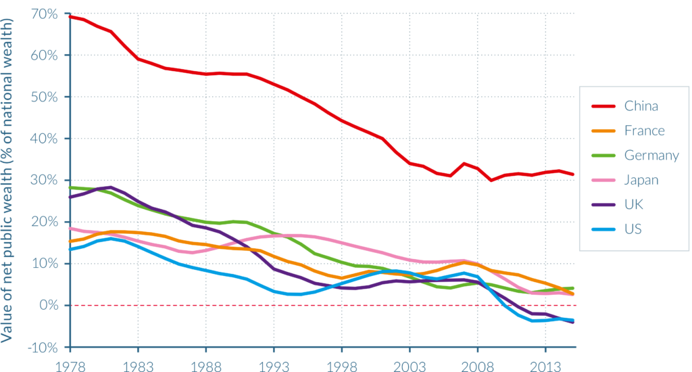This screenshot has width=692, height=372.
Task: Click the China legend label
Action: pyautogui.click(x=641, y=106)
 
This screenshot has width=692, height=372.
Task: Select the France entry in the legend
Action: pyautogui.click(x=644, y=131)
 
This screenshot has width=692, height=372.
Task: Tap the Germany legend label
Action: pyautogui.click(x=651, y=156)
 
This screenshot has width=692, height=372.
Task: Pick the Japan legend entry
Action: pyautogui.click(x=641, y=180)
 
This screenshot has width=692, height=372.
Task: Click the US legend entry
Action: pyautogui.click(x=633, y=229)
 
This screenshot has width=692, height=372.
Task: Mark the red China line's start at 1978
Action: pyautogui.click(x=70, y=16)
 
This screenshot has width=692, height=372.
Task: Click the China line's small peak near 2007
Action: pyautogui.click(x=464, y=163)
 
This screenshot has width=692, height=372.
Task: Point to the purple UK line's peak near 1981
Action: pyautogui.click(x=111, y=187)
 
